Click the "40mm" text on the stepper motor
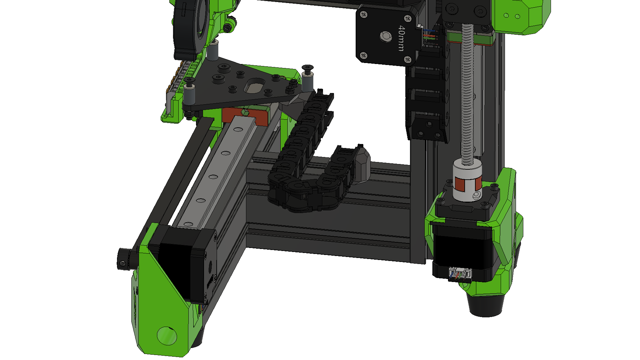[x=401, y=38]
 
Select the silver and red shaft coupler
[x=468, y=180]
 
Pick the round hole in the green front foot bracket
[x=167, y=336]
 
